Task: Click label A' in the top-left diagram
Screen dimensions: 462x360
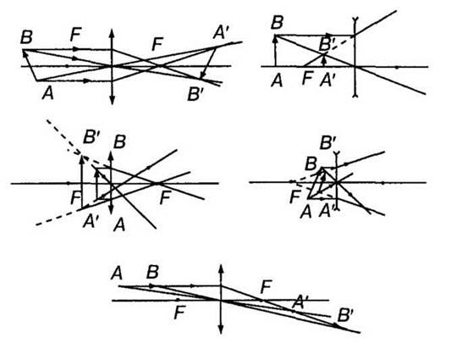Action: tap(221, 32)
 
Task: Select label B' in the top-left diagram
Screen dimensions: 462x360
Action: tap(195, 94)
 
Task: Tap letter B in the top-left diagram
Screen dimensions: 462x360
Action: tap(26, 37)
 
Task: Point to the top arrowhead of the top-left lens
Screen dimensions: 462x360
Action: tap(112, 32)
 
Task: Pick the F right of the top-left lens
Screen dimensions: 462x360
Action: tap(157, 44)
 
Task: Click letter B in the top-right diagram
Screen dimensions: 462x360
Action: tap(277, 22)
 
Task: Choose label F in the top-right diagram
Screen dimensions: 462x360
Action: tap(307, 79)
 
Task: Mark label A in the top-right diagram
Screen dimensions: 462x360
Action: tap(277, 80)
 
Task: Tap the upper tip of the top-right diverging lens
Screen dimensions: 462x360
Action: tap(355, 19)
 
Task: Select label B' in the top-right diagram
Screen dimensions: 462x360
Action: tap(326, 45)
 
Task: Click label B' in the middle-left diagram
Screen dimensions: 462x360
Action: tap(91, 136)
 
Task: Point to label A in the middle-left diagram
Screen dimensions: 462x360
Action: tap(119, 225)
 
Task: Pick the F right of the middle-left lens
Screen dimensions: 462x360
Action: tap(165, 197)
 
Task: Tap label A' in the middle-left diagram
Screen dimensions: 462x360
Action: tap(90, 221)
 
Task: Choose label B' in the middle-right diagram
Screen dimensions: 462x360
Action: tap(328, 142)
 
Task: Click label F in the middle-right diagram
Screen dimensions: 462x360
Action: tap(295, 197)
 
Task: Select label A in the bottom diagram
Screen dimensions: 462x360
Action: tap(117, 273)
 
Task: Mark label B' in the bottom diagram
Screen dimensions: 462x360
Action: tap(345, 315)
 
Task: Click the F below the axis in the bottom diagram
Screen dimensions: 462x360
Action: tap(180, 313)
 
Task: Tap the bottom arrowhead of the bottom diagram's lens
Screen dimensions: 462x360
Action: tap(221, 330)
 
